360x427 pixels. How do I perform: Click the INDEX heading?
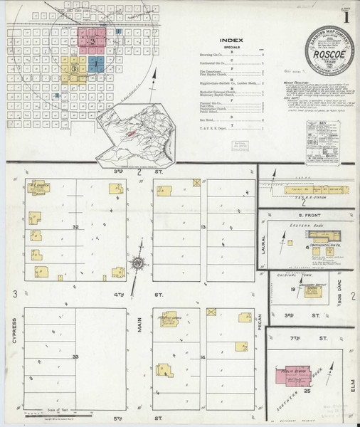232,41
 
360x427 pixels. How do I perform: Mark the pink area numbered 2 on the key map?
92,39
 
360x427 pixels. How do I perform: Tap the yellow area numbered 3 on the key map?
74,68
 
